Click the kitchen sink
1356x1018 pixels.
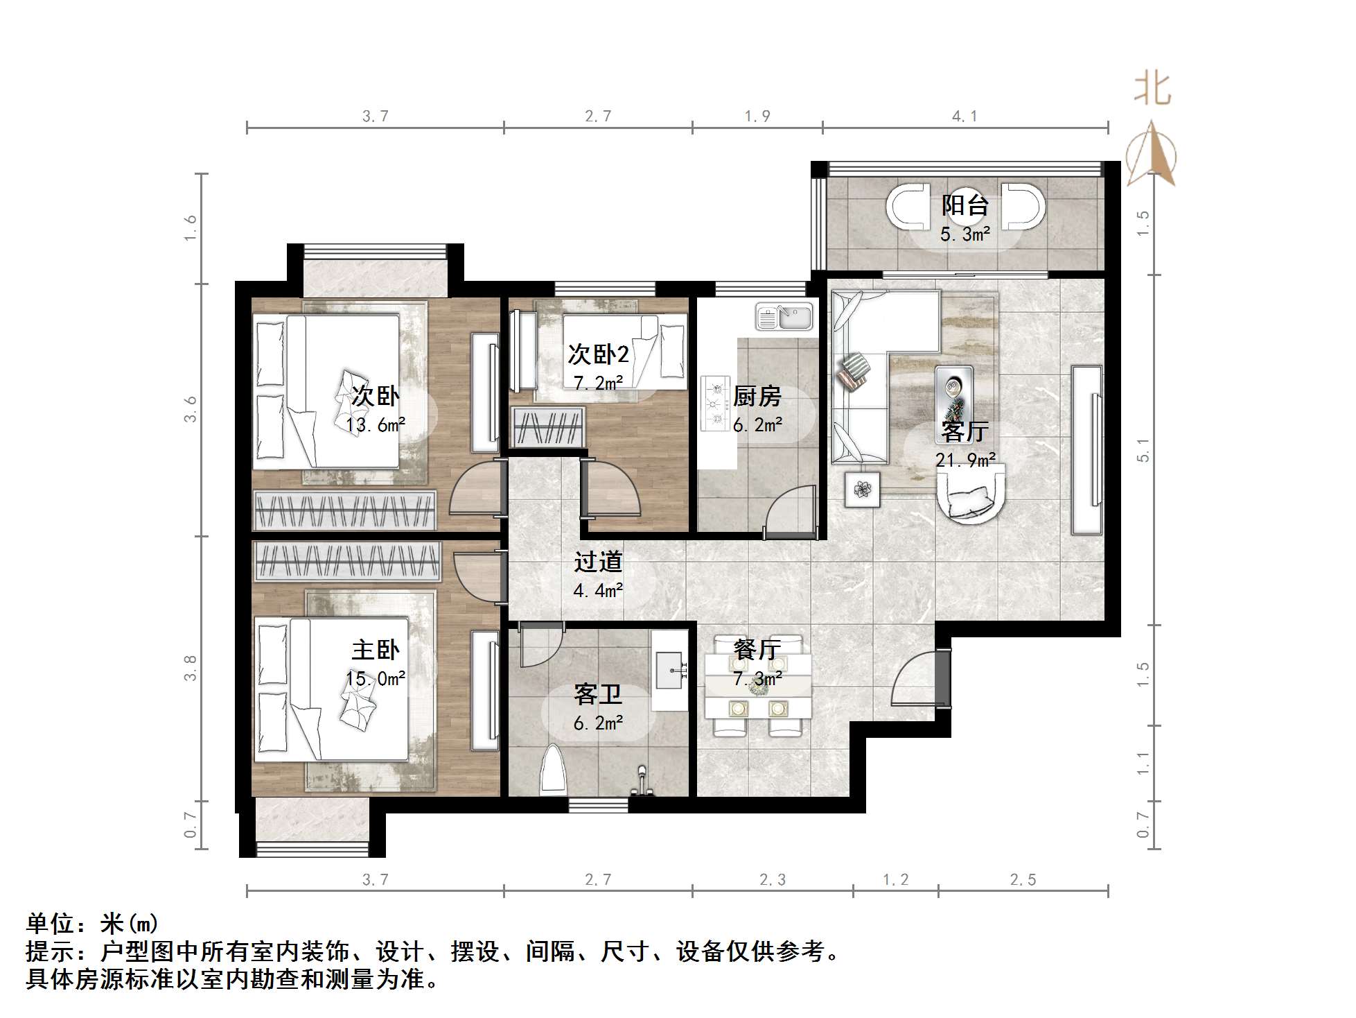coord(784,317)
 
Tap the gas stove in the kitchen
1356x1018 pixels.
coord(715,403)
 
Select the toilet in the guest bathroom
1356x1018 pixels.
coord(554,770)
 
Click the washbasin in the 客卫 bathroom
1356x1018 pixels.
coord(669,671)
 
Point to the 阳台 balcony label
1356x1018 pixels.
coord(965,205)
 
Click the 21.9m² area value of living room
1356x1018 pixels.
coord(965,459)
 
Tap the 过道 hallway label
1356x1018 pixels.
coord(598,562)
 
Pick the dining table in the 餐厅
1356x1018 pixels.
coord(758,687)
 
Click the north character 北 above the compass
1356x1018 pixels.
coord(1152,89)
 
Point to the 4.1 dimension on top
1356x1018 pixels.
coord(965,117)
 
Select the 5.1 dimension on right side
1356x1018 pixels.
coord(1143,451)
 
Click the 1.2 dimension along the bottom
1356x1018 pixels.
coord(895,880)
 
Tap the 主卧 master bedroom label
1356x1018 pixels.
coord(376,650)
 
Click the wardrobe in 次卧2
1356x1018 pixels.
coord(548,427)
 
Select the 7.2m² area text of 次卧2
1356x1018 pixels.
coord(598,382)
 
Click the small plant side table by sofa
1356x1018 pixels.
coord(863,490)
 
